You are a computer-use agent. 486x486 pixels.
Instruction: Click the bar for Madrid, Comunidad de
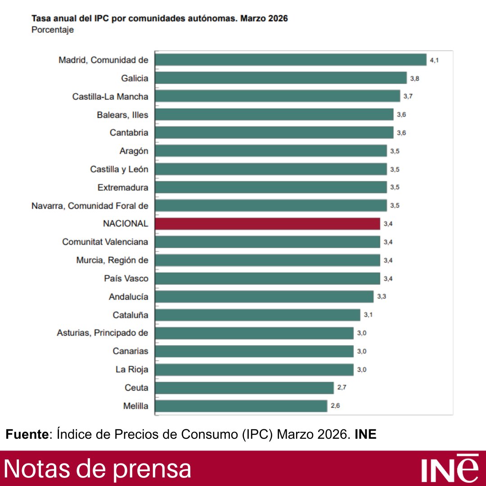[290, 60]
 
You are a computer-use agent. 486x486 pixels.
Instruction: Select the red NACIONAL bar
[267, 224]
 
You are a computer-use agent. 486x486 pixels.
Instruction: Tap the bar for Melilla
[241, 406]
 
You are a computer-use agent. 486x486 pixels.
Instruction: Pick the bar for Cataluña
[257, 315]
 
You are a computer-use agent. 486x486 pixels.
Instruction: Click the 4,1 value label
[434, 60]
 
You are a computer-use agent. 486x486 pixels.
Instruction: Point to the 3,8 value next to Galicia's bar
[414, 78]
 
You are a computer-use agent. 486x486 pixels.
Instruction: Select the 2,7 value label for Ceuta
[342, 387]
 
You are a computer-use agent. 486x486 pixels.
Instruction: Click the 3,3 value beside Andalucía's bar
[382, 297]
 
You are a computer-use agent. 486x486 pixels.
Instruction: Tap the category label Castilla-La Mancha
[110, 96]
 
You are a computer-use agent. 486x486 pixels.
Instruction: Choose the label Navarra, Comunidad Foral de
[90, 206]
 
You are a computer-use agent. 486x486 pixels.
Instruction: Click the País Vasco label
[126, 279]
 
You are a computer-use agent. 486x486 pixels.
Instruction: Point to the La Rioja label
[132, 369]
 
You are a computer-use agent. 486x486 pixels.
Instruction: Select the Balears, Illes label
[122, 115]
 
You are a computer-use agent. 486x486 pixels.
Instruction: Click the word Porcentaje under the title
[53, 30]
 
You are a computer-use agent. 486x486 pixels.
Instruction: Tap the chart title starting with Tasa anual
[159, 19]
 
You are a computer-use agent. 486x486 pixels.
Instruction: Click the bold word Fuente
[27, 435]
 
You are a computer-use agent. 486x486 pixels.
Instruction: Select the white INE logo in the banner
[450, 469]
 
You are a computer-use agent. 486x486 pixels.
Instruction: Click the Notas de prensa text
[98, 469]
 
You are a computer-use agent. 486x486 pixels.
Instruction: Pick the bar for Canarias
[254, 351]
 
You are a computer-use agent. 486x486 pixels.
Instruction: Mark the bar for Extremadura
[270, 187]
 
